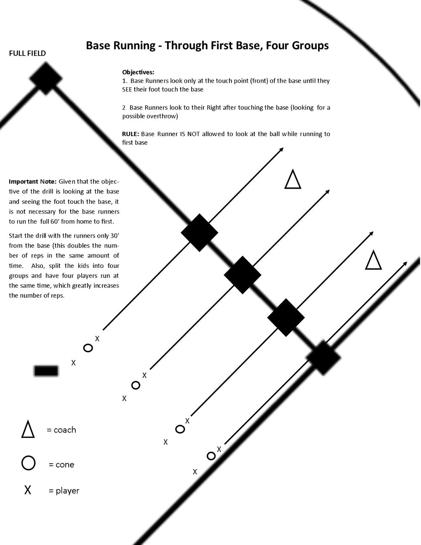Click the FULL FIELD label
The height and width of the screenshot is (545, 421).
coord(27,53)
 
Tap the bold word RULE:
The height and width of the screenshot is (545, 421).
coord(131,134)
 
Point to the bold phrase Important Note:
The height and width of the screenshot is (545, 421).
coord(32,182)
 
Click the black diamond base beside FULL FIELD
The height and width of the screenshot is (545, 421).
coord(46,78)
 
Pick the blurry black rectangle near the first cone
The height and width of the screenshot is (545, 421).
coord(46,370)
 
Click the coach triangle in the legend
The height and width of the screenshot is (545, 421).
coord(28,429)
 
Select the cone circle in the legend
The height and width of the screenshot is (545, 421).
coord(28,463)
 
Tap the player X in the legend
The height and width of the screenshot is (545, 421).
coord(28,490)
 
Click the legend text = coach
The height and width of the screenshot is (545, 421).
coord(61,430)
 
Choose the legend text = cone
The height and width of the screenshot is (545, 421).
coord(61,465)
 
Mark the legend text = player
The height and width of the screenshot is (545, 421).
coord(64,491)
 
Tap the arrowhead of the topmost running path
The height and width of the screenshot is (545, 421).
coord(282,150)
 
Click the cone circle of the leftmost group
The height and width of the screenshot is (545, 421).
coord(88,348)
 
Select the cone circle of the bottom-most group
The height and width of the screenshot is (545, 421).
coord(211,456)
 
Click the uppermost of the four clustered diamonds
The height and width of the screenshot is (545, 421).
coord(199,232)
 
